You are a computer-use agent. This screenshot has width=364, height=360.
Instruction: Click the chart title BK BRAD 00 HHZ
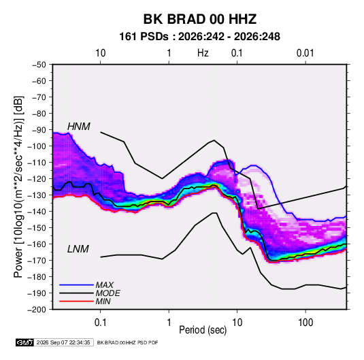[200, 19]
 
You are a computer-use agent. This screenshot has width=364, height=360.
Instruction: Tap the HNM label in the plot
[79, 127]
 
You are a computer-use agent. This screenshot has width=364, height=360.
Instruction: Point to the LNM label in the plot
[78, 249]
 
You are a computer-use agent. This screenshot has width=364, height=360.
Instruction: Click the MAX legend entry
[105, 284]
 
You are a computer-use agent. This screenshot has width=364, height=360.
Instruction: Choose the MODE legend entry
[107, 293]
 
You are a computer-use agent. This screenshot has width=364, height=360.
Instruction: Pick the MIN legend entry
[103, 301]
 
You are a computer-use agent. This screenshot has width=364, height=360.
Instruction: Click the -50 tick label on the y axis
[39, 65]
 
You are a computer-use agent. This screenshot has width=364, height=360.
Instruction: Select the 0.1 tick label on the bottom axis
[100, 323]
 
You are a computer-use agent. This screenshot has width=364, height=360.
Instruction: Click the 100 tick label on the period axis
[305, 323]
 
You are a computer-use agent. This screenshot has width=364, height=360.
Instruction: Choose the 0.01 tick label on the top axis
[305, 53]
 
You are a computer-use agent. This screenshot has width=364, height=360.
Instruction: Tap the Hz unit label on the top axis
[203, 53]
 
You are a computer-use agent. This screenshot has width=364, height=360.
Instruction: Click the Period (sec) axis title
[203, 330]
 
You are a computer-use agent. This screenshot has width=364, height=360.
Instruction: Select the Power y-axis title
[18, 186]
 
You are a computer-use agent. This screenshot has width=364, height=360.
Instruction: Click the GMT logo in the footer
[24, 342]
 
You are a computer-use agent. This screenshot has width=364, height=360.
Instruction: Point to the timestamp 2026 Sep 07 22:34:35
[63, 342]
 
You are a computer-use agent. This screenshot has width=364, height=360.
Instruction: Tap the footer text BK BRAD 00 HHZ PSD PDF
[127, 342]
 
